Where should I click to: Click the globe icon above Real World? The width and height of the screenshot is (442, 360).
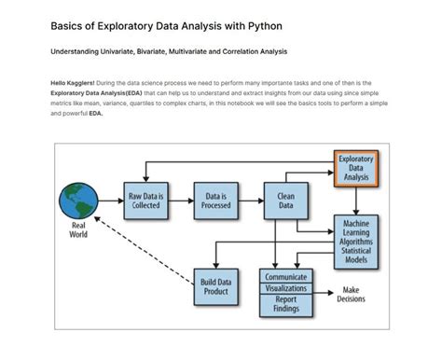pos(78,201)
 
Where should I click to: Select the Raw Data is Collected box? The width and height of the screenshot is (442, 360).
pos(146,200)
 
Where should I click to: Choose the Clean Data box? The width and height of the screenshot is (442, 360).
pos(285,200)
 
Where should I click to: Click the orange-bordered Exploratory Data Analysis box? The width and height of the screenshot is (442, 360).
pos(355,169)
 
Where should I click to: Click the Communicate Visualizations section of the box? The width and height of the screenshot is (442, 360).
pos(285,282)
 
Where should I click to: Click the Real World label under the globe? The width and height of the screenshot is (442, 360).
pos(78,229)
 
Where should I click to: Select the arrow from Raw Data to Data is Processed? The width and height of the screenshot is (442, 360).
pos(181,200)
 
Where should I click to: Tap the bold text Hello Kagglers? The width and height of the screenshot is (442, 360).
pos(73,84)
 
